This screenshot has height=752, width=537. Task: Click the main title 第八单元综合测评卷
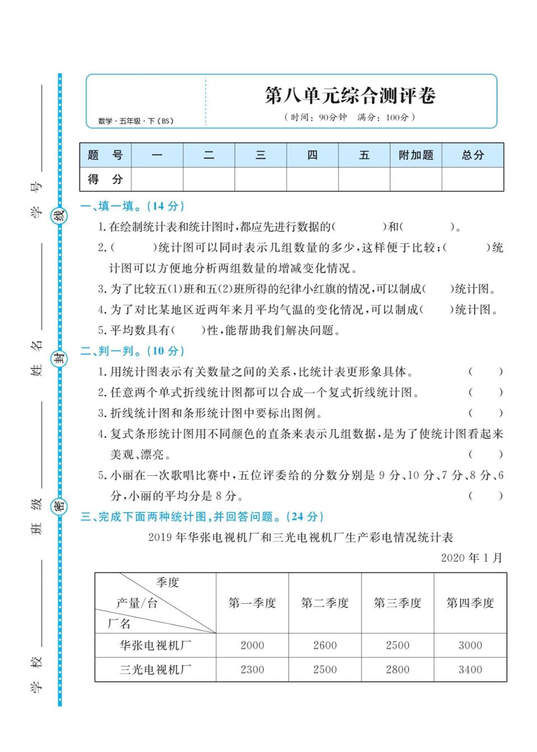click(350, 95)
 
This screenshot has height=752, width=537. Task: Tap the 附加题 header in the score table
click(416, 155)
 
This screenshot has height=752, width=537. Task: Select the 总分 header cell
click(473, 155)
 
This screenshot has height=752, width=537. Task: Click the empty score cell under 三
click(261, 180)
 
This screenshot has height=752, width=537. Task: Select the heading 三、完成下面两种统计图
click(202, 516)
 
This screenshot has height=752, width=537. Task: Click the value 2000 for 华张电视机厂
click(252, 645)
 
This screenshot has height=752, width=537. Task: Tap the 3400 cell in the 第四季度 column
click(470, 670)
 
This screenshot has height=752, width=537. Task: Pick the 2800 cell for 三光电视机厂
click(397, 670)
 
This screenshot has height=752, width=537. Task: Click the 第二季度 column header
click(325, 603)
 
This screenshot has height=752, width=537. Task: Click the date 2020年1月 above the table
click(471, 558)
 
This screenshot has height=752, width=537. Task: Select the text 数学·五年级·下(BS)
click(136, 121)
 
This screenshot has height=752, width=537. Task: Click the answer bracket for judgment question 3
click(485, 414)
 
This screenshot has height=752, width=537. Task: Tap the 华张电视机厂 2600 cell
click(325, 645)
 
